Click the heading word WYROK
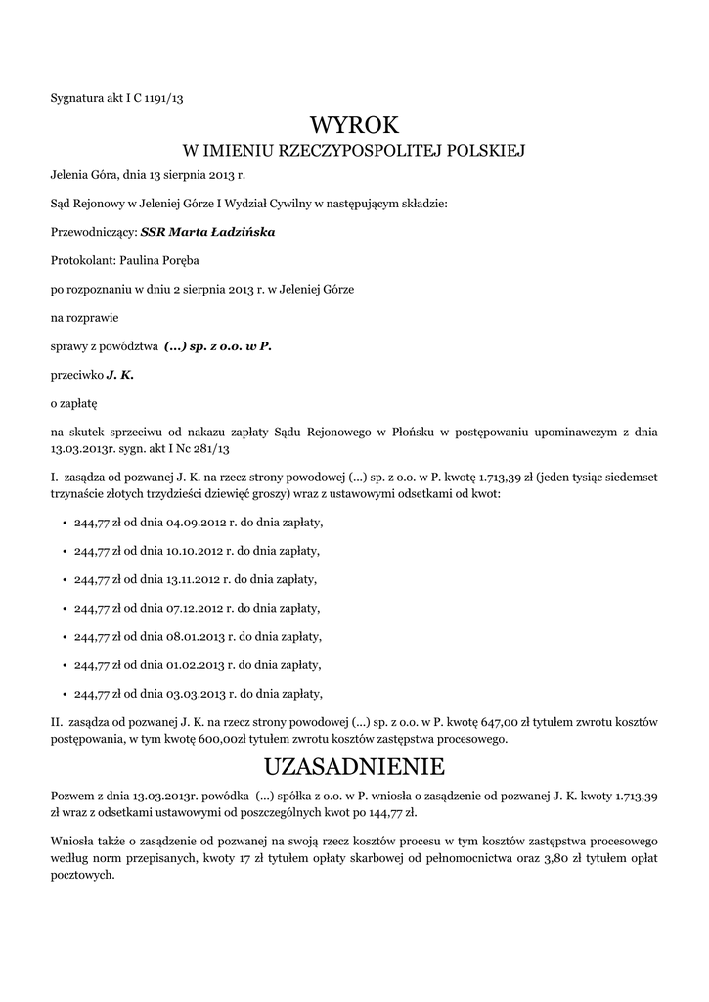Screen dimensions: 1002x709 [x=354, y=125]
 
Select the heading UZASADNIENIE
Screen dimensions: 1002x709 [x=354, y=764]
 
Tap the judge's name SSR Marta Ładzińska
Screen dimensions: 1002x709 [x=208, y=233]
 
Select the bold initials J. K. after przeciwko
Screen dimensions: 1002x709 [x=120, y=375]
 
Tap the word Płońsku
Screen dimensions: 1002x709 [x=422, y=432]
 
